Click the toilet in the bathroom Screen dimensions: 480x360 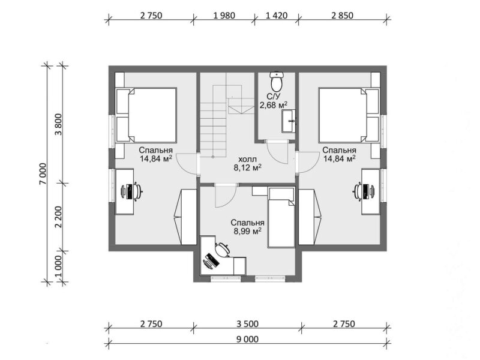pyautogui.click(x=277, y=81)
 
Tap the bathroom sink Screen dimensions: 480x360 pyautogui.click(x=289, y=121)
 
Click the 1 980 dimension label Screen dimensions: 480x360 pyautogui.click(x=224, y=16)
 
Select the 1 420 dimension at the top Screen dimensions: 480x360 pyautogui.click(x=277, y=16)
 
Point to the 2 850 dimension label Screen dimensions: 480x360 pyautogui.click(x=342, y=16)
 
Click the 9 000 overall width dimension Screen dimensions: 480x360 pyautogui.click(x=247, y=339)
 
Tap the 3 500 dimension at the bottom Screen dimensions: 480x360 pyautogui.click(x=247, y=323)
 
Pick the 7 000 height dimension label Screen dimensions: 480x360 pyautogui.click(x=43, y=173)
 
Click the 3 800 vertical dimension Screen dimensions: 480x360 pyautogui.click(x=58, y=124)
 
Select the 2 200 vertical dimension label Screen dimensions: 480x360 pyautogui.click(x=58, y=217)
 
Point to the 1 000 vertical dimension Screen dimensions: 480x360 pyautogui.click(x=58, y=266)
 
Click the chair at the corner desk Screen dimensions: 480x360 pyautogui.click(x=223, y=249)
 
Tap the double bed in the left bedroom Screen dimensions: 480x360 pyautogui.click(x=146, y=115)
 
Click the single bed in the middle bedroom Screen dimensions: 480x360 pyautogui.click(x=281, y=218)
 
